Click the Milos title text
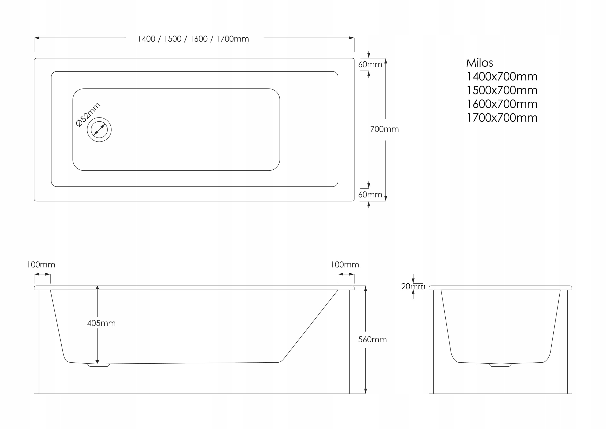point(479,63)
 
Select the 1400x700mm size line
point(502,77)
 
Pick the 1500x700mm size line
point(502,90)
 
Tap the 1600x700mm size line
point(502,104)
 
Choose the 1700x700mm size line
point(502,118)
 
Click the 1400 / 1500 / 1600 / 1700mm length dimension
point(193,39)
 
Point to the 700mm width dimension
point(384,129)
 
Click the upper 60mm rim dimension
point(370,65)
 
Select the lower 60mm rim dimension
point(370,195)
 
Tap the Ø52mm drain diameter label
point(88,115)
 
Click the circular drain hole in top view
point(99,130)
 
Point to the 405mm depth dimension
point(101,323)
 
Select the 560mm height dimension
point(372,340)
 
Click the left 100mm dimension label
point(41,265)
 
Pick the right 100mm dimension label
point(345,265)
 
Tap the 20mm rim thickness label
point(413,286)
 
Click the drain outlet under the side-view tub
point(98,365)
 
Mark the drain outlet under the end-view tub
point(501,365)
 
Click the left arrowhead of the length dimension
point(37,38)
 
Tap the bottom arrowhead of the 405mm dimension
point(97,362)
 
